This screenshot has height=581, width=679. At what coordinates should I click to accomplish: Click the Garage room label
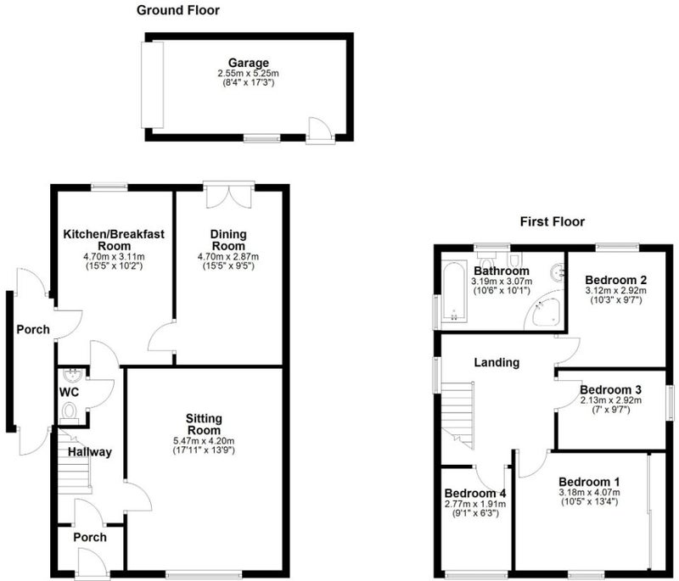[x=249, y=63]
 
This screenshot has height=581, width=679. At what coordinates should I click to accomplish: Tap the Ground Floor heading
[x=178, y=10]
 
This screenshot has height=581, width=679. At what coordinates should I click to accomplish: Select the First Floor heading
[x=553, y=222]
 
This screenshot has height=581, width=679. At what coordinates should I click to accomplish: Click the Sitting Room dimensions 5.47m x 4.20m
[x=204, y=441]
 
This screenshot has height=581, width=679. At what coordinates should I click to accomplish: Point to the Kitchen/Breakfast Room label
[x=114, y=240]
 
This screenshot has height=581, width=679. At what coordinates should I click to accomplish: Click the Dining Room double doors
[x=228, y=195]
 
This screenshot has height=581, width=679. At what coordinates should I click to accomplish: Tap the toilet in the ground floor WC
[x=69, y=411]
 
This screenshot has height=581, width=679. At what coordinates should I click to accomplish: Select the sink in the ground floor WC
[x=71, y=375]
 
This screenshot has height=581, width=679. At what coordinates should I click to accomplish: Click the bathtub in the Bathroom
[x=454, y=291]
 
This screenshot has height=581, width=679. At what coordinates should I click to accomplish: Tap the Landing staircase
[x=457, y=415]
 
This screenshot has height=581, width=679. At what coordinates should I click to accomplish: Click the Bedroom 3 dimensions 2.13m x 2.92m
[x=611, y=400]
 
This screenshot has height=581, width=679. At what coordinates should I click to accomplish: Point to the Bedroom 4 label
[x=475, y=493]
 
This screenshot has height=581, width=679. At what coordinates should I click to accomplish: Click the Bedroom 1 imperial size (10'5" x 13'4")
[x=589, y=502]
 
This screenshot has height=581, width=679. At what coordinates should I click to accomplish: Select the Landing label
[x=497, y=362]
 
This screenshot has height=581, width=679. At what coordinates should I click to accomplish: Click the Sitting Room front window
[x=204, y=574]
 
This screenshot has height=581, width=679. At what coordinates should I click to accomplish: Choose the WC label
[x=70, y=393]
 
